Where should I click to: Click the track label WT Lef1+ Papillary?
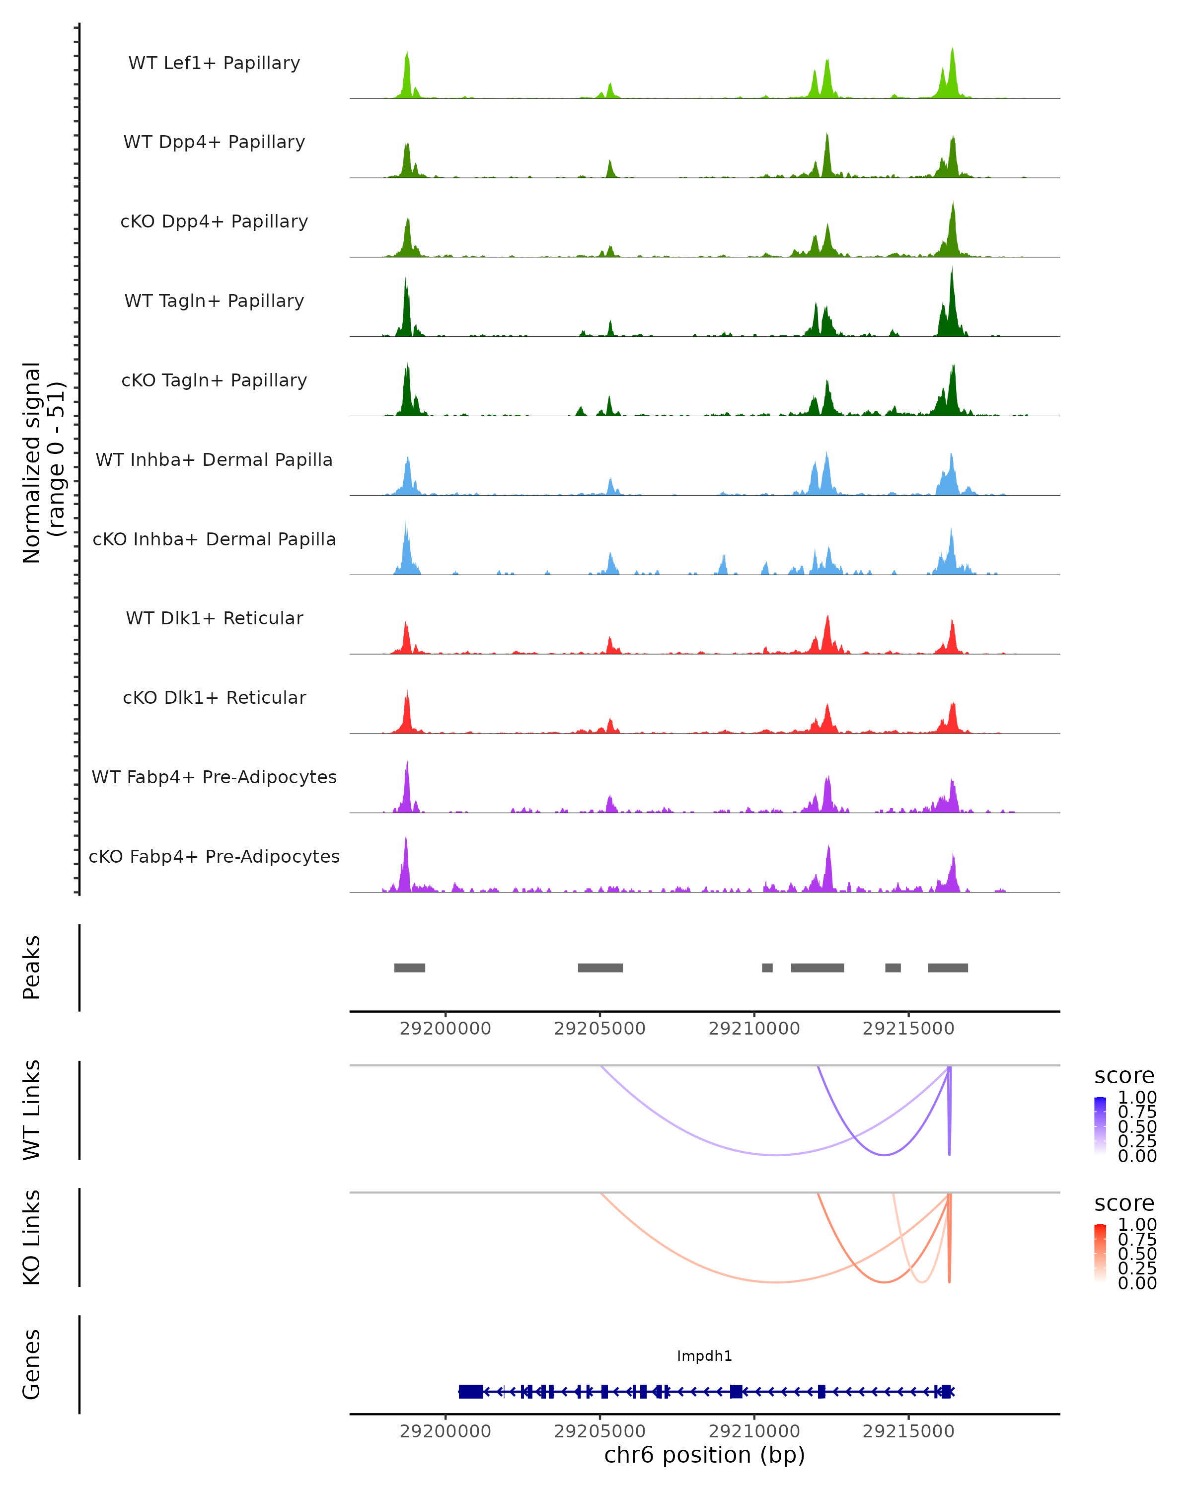(214, 63)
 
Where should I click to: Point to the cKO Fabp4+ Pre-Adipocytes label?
(214, 856)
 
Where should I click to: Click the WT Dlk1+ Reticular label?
(214, 618)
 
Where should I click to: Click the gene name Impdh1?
(704, 1355)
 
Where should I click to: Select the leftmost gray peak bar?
(409, 968)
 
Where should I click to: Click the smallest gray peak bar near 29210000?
(767, 968)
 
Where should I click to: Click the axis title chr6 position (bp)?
(704, 1455)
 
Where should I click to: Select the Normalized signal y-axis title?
(43, 462)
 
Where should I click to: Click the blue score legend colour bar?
(1100, 1126)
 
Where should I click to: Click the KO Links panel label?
(32, 1237)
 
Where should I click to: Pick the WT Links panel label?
(32, 1110)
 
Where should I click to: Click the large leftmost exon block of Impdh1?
(470, 1391)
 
